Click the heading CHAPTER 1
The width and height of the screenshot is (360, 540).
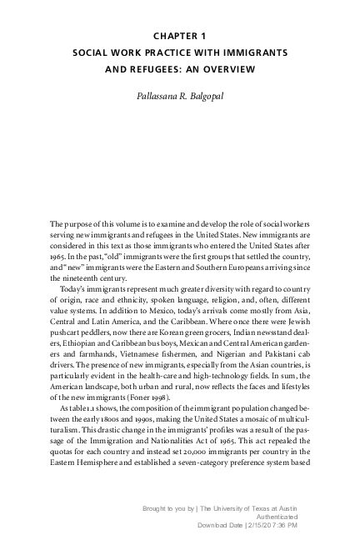coord(180,36)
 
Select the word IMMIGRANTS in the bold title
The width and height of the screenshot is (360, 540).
coord(252,52)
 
